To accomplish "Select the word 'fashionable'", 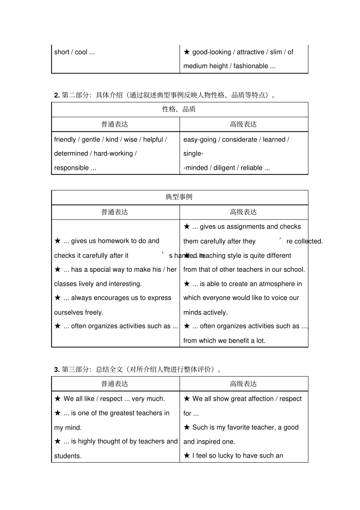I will (250, 66).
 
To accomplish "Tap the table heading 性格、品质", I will (179, 109).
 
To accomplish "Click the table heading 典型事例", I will (179, 197).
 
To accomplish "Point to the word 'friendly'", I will (65, 140).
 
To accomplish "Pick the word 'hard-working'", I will (113, 154).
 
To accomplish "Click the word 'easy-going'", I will (199, 140).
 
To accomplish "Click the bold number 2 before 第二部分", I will (56, 95).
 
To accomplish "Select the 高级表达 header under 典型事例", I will (243, 212).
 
